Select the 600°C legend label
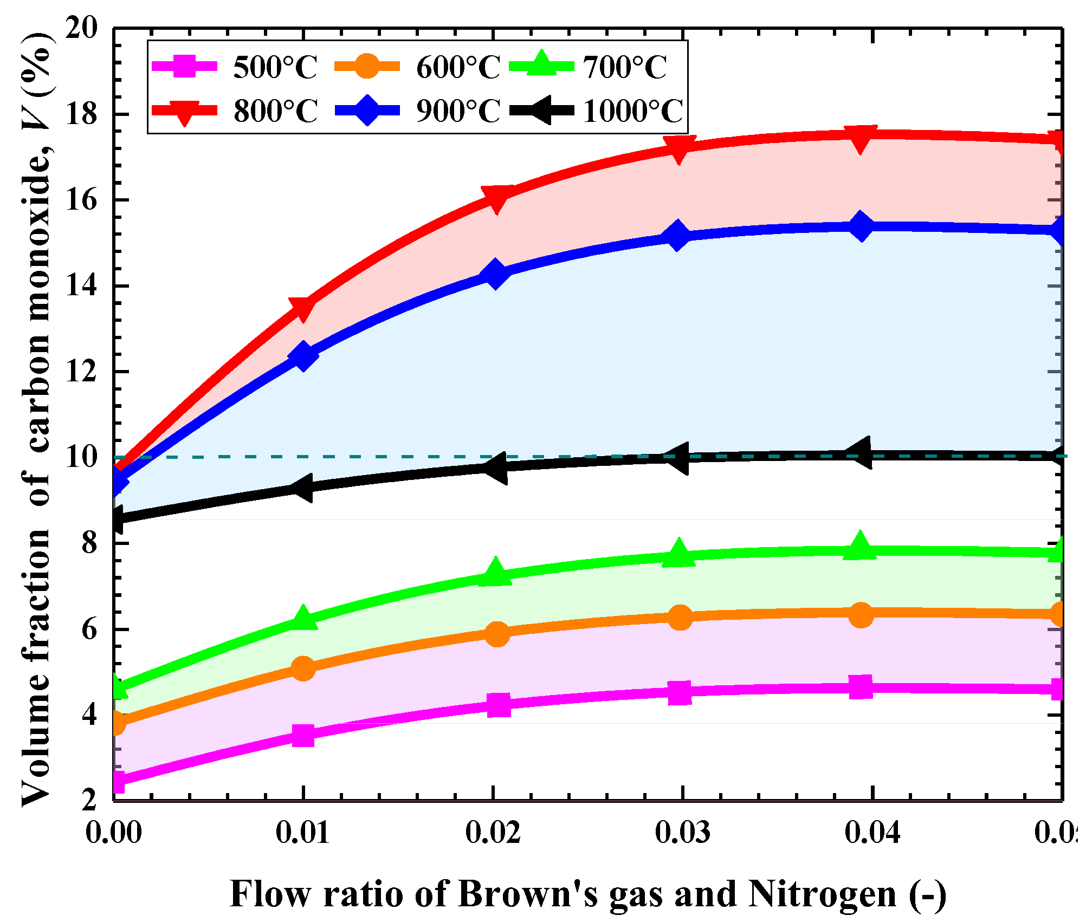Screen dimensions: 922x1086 [457, 68]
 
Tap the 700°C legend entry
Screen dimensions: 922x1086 [624, 68]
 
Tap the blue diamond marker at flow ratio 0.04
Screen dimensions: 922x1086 [860, 226]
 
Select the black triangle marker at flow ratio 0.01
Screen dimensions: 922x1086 [301, 488]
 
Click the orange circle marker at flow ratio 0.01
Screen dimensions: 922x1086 [303, 668]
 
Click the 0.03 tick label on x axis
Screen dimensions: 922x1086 [682, 833]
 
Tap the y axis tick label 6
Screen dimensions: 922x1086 [89, 630]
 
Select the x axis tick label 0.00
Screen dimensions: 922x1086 [114, 833]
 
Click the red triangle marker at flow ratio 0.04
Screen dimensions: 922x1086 [860, 139]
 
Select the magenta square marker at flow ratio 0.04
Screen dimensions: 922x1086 [860, 687]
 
